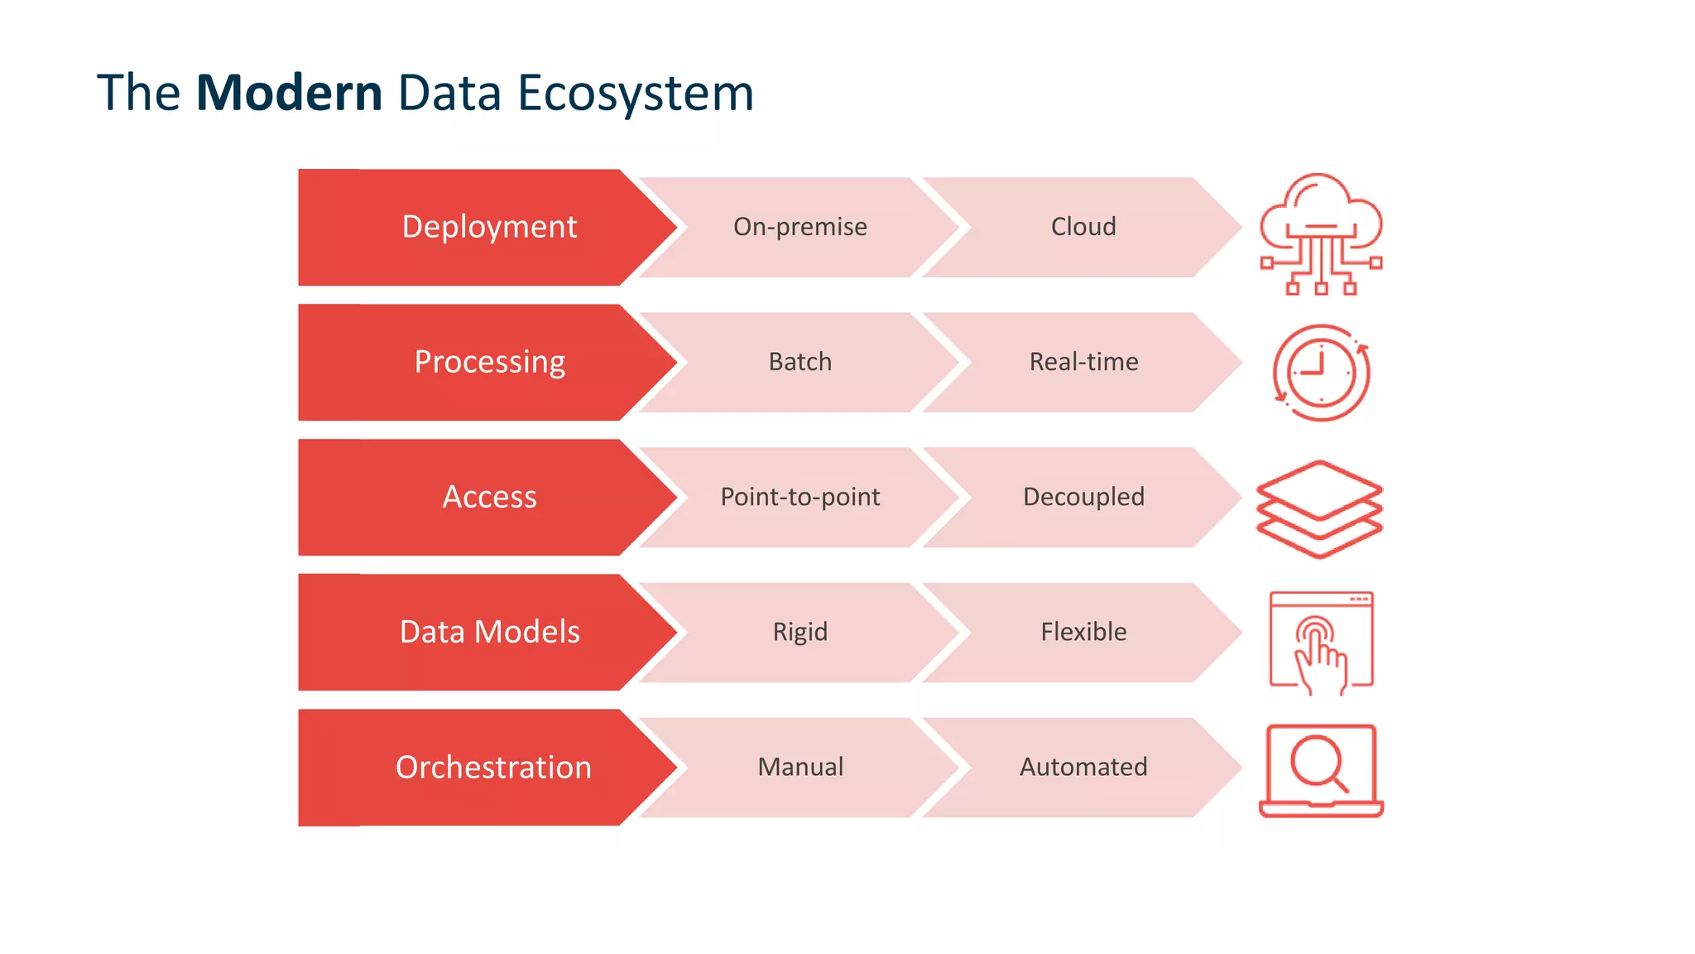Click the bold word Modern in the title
(289, 93)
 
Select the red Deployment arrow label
(489, 227)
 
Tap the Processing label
(489, 362)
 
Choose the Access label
(489, 497)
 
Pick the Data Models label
(489, 632)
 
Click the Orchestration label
(493, 767)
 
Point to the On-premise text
(799, 227)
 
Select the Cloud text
(1083, 227)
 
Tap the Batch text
(799, 362)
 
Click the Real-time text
(1083, 362)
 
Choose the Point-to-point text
(799, 497)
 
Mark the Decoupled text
(1083, 497)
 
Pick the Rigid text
(799, 632)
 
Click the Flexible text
(1083, 632)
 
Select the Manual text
(799, 767)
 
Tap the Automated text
(1083, 767)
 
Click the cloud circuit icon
(1321, 234)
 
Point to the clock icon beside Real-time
(1321, 373)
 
